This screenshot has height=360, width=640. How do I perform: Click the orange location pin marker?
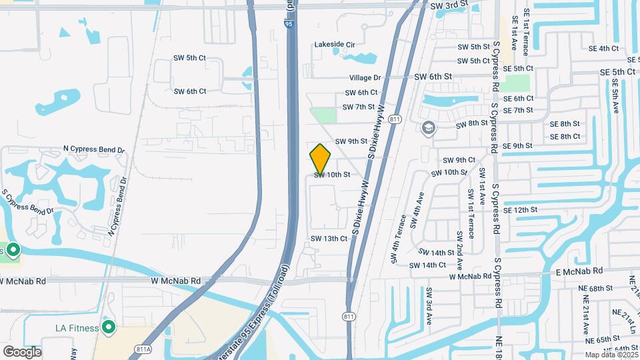coord(321,159)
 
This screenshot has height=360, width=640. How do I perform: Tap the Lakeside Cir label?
coord(335,45)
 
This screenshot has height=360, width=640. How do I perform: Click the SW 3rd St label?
coord(450,6)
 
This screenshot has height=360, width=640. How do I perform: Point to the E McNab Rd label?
coord(579,271)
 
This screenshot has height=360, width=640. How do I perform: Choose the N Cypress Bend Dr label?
coord(94,149)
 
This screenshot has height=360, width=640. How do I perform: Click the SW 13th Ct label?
coord(329,238)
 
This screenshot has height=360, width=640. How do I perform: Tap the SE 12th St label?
coord(521,210)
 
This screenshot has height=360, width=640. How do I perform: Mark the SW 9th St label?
coord(351,141)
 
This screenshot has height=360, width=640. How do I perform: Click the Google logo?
coord(22,351)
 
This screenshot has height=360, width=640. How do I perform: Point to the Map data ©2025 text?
coord(611,355)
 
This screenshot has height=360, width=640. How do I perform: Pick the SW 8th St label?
coord(472,124)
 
